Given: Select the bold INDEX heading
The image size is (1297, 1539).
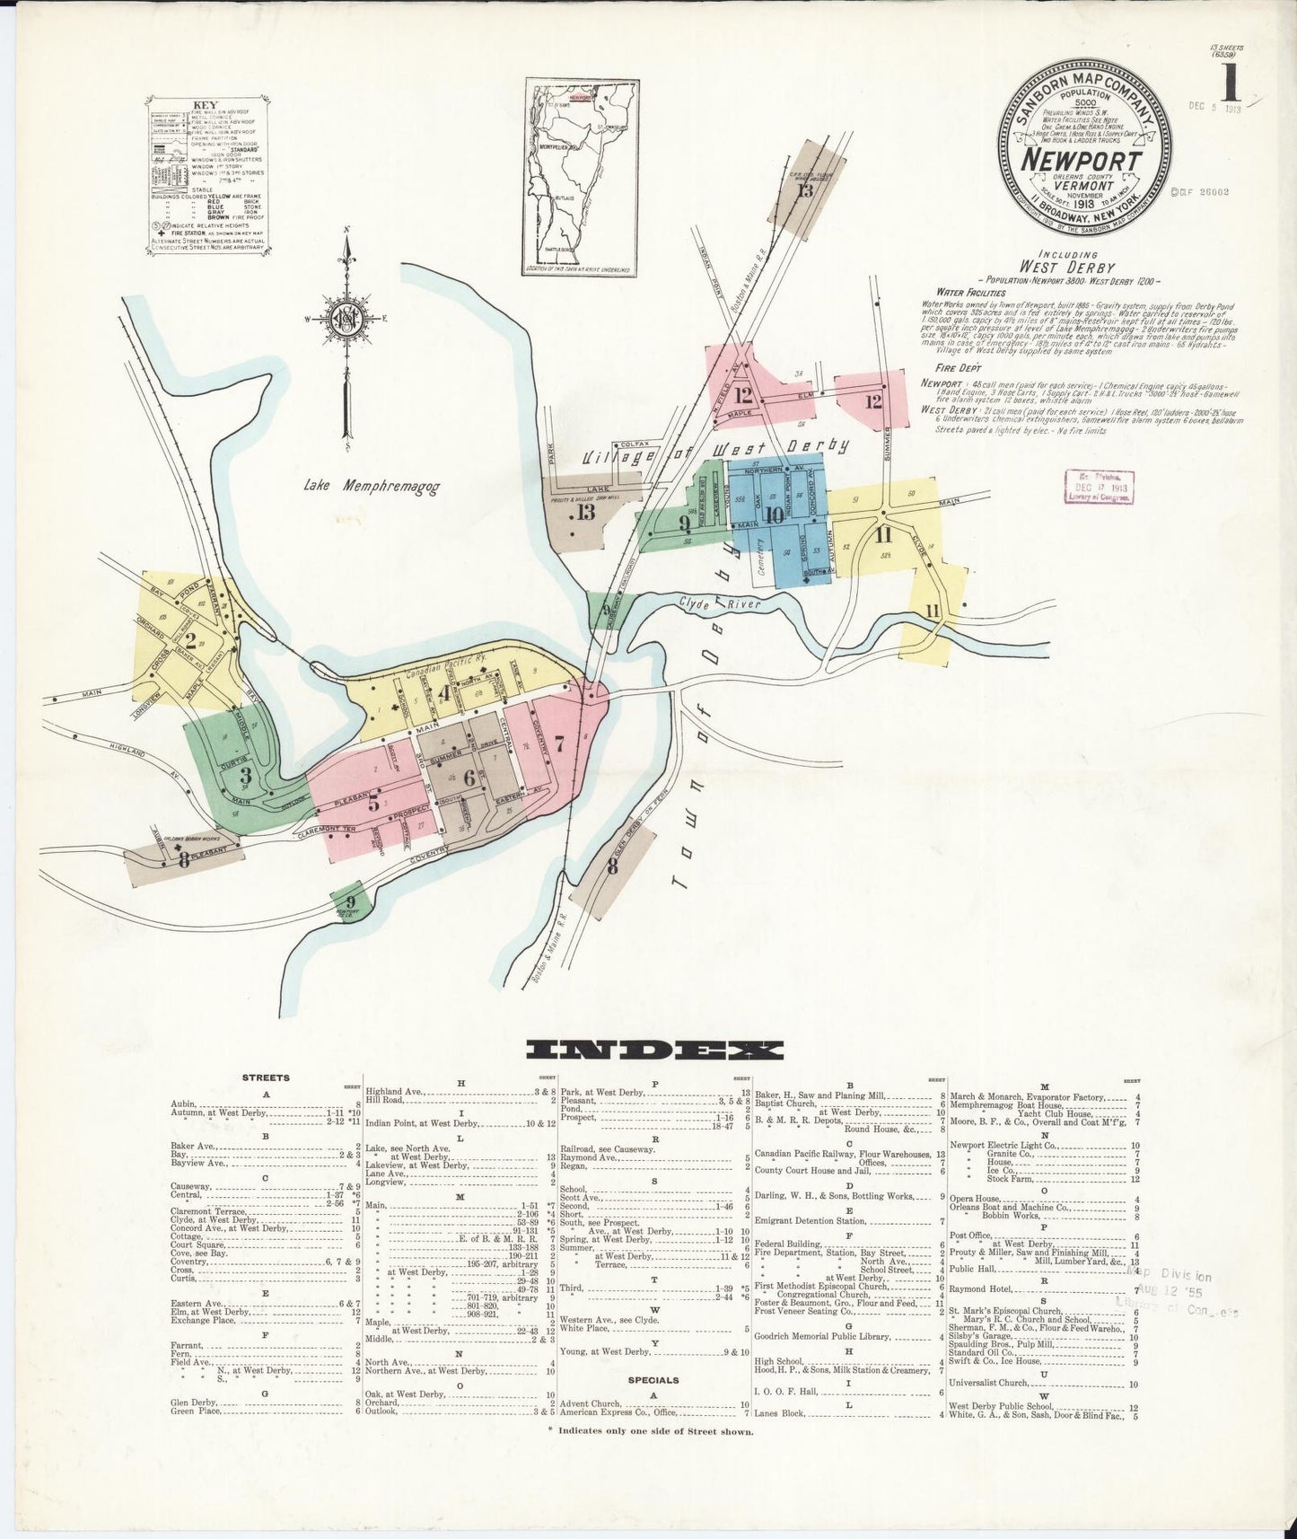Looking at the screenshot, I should pyautogui.click(x=654, y=1050).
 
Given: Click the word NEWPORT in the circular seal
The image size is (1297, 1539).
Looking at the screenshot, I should pyautogui.click(x=1085, y=162).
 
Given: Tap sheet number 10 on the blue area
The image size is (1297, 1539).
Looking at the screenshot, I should pyautogui.click(x=775, y=515).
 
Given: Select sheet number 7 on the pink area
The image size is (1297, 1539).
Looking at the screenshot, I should pyautogui.click(x=558, y=743).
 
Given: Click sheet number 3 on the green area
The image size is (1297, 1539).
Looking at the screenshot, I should pyautogui.click(x=244, y=774).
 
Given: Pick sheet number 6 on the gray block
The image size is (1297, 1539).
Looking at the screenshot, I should pyautogui.click(x=468, y=778).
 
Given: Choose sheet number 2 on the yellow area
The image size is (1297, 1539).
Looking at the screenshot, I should pyautogui.click(x=189, y=641).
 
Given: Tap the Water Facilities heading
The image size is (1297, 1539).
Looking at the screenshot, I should pyautogui.click(x=972, y=292).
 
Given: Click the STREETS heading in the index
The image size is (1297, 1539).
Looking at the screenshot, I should pyautogui.click(x=266, y=1077).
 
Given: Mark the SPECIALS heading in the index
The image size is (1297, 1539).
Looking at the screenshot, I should pyautogui.click(x=653, y=1380).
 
